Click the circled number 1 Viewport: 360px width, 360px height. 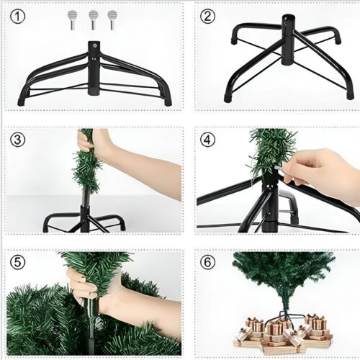[x=19, y=16]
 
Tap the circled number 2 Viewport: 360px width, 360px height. [x=207, y=16]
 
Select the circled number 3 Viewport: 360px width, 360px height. [x=19, y=138]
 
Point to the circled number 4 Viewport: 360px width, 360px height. [x=207, y=138]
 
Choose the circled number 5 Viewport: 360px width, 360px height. [x=19, y=261]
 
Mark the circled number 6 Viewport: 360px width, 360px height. [x=207, y=261]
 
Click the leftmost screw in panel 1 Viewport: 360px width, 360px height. [x=72, y=18]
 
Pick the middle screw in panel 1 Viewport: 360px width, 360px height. [x=94, y=18]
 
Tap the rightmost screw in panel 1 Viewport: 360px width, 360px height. [x=112, y=18]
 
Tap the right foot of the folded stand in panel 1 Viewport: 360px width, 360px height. [x=167, y=99]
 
